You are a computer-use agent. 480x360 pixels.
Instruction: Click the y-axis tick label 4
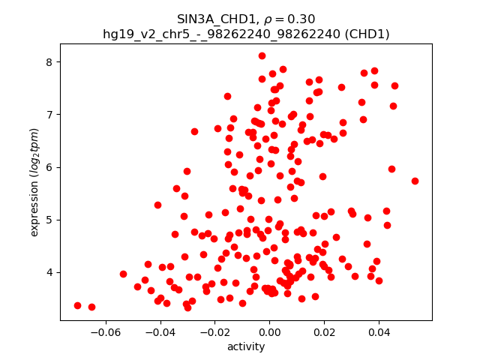[x=50, y=272]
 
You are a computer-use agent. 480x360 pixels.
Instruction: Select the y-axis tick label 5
[x=50, y=220]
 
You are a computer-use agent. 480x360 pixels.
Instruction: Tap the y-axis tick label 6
[x=50, y=167]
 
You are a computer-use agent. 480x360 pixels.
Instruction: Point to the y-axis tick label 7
[x=50, y=115]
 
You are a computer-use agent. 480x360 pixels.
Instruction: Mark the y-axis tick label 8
[x=50, y=61]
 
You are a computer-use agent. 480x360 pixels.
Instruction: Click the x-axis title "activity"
[x=246, y=346]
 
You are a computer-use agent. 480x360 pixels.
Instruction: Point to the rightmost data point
[x=415, y=181]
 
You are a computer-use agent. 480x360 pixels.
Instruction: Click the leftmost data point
[x=77, y=305]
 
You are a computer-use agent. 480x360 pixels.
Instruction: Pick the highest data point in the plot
[x=262, y=55]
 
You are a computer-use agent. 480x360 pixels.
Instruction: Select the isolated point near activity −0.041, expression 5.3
[x=157, y=205]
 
